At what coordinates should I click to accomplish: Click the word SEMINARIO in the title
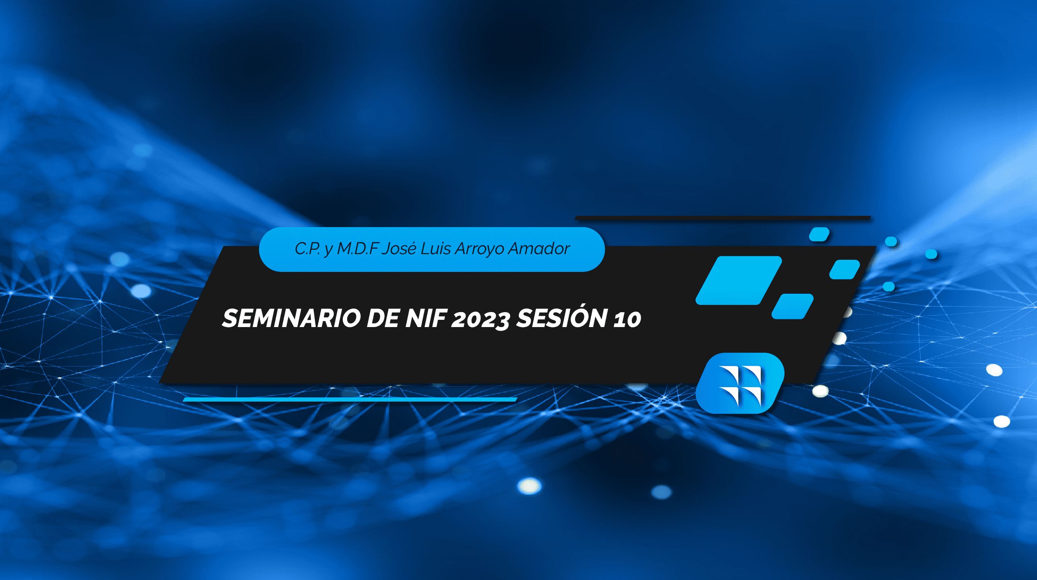tap(292, 318)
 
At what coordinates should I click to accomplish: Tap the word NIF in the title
tap(425, 318)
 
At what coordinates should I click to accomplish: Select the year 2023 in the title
tap(481, 320)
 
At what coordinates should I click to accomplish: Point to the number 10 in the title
tap(627, 319)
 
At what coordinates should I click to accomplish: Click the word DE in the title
tap(383, 318)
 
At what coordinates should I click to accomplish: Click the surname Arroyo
tap(480, 250)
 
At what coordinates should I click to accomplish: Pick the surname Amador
tap(539, 249)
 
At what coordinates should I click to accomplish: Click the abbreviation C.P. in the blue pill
tap(307, 249)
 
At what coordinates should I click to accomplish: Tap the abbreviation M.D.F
tap(358, 249)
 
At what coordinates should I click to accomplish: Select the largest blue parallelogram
tap(739, 280)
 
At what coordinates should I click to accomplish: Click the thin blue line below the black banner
tap(350, 399)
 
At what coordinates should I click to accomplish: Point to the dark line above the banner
tap(723, 218)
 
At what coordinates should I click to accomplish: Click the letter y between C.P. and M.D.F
tap(329, 251)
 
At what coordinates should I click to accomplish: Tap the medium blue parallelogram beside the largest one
tap(793, 307)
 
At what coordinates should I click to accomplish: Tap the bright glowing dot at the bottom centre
tap(529, 486)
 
